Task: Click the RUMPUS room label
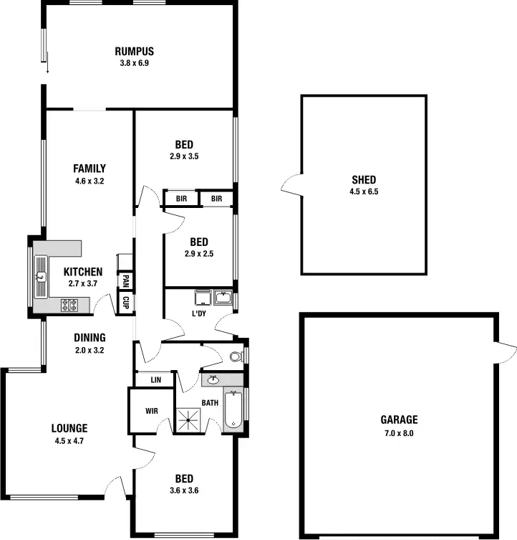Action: click(x=135, y=51)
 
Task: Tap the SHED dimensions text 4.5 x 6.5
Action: click(x=364, y=191)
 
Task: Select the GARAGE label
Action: click(x=399, y=420)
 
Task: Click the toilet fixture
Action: click(x=237, y=356)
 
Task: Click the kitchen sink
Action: click(x=41, y=276)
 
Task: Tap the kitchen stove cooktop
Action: click(x=69, y=305)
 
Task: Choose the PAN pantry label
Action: click(x=125, y=280)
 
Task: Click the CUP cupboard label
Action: click(x=125, y=303)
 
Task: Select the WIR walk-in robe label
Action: click(x=151, y=411)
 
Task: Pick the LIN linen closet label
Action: click(x=155, y=379)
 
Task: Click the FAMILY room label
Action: click(x=90, y=169)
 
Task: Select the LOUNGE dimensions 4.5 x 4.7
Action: click(x=69, y=441)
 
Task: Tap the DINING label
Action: click(x=90, y=338)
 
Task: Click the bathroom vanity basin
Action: click(x=213, y=379)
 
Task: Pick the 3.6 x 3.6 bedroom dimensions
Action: click(x=185, y=491)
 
